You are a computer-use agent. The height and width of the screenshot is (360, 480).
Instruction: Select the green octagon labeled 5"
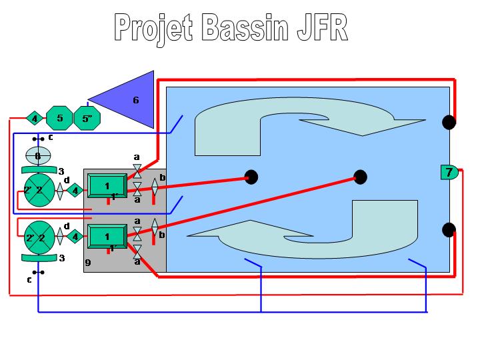(x=87, y=119)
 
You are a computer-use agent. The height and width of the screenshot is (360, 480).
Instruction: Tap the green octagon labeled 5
(x=59, y=119)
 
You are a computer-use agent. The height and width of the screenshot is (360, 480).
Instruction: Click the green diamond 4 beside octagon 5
(x=34, y=119)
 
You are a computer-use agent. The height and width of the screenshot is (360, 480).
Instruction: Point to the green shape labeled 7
(x=449, y=172)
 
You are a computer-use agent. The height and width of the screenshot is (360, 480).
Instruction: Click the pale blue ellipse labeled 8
(x=38, y=155)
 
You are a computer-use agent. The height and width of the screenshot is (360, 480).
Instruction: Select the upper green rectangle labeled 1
(x=107, y=185)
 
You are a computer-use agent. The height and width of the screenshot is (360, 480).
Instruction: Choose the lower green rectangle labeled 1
(x=107, y=236)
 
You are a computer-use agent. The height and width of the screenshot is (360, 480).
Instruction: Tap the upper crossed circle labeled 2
(x=38, y=189)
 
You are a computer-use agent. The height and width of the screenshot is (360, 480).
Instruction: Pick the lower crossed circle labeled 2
(x=38, y=237)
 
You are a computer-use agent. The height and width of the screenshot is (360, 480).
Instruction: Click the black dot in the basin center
(x=360, y=177)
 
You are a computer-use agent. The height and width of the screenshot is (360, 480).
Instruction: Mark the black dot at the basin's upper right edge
(x=449, y=122)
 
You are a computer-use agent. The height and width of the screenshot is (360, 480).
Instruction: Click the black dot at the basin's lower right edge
(x=449, y=230)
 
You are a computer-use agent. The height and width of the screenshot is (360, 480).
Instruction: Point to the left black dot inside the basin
(x=251, y=177)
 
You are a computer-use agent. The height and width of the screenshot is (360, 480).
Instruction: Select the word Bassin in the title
(x=249, y=27)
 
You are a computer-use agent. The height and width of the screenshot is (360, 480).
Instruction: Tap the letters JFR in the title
(x=323, y=27)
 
